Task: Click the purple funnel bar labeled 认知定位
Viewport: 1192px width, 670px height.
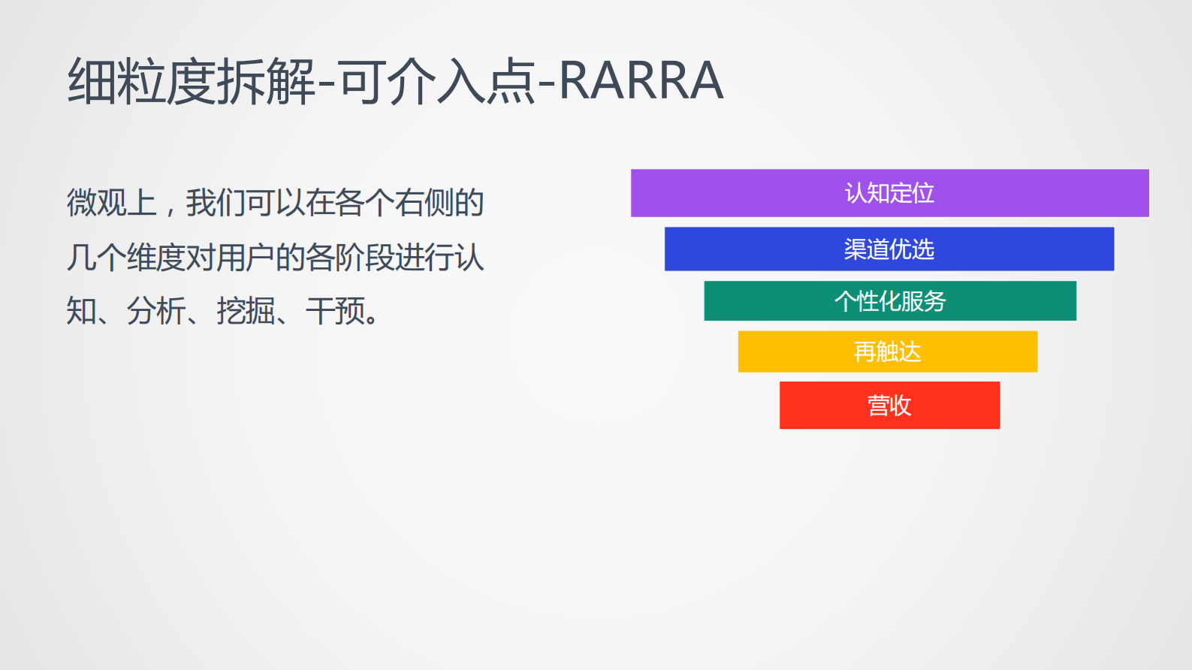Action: point(890,192)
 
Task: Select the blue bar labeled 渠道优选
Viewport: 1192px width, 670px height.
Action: point(889,249)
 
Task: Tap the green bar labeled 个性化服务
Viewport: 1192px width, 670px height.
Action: point(890,300)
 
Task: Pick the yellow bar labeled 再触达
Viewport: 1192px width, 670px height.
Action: point(888,352)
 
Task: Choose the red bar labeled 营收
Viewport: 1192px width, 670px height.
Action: point(890,405)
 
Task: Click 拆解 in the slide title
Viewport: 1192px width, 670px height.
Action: point(266,81)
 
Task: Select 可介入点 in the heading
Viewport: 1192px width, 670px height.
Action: point(437,81)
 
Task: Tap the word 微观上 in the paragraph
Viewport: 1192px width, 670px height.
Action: point(112,202)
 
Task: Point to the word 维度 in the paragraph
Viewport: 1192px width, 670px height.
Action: point(156,258)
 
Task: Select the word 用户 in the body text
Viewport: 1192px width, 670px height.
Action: point(246,258)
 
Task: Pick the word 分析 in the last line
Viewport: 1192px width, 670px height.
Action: point(156,311)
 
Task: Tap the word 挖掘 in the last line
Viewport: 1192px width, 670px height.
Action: point(246,311)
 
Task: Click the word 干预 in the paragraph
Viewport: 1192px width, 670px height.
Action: point(335,311)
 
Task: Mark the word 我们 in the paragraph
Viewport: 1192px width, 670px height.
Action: point(216,202)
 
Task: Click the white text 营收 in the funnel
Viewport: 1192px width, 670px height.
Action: point(890,406)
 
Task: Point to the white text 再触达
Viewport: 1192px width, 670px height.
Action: point(888,352)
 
